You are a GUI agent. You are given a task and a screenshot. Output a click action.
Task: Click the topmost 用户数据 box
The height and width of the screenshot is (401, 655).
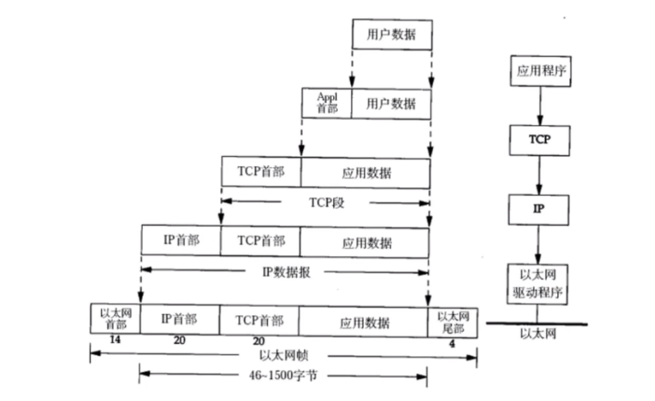click(392, 35)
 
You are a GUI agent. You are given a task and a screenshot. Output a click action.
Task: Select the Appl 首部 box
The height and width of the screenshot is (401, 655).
click(327, 103)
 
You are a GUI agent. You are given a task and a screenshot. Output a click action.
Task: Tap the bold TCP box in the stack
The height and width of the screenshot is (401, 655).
click(540, 140)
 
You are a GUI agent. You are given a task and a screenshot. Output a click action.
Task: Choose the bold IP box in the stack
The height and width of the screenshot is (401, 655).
click(538, 209)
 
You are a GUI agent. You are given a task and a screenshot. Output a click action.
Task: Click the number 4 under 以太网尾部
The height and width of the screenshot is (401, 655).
click(451, 343)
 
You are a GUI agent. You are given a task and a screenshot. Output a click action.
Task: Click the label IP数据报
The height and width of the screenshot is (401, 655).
click(286, 271)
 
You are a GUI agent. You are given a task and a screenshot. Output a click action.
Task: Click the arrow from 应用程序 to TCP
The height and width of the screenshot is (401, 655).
click(540, 106)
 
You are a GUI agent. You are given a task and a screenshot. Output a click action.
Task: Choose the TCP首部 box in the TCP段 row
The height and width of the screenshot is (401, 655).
click(261, 172)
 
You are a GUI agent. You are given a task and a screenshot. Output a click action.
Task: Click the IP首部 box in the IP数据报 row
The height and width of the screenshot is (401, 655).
click(181, 240)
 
